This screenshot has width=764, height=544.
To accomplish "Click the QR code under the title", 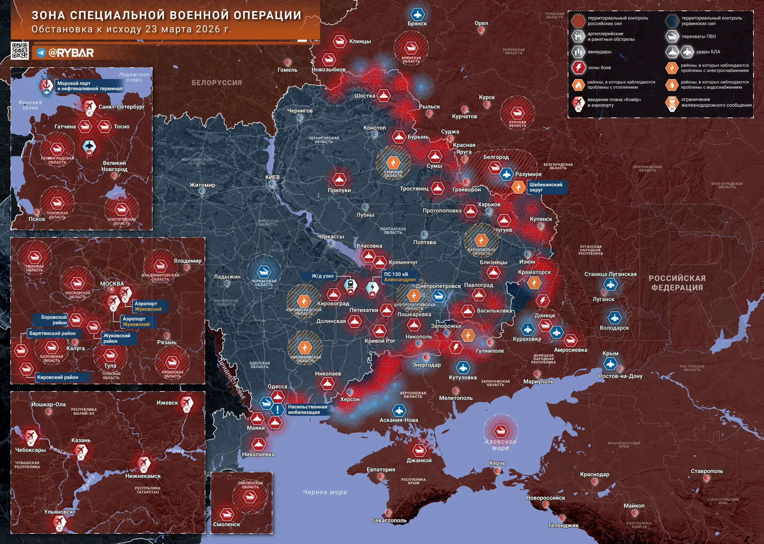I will tap(20, 51).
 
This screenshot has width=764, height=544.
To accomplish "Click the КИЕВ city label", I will tap(272, 177).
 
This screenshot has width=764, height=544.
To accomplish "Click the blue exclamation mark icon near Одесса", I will tap(277, 409).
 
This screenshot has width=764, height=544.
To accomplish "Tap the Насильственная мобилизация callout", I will tap(307, 409).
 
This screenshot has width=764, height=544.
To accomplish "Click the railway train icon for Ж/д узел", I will tap(350, 285).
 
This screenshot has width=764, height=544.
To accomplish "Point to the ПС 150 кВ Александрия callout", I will tap(399, 277).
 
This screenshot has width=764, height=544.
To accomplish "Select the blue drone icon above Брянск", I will tap(417, 14).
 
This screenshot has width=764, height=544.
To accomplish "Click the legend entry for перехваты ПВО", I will tap(698, 36).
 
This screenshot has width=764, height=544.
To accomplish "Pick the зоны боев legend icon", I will tap(578, 67).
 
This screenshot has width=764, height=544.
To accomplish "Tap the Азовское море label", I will tap(500, 445).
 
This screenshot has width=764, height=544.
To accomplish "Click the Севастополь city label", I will tap(389, 520).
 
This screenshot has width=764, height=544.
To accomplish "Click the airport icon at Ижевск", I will tap(186, 402).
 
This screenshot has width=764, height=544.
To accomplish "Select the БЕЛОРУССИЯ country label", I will tap(217, 83).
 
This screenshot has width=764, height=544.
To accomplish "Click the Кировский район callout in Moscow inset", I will tap(58, 377).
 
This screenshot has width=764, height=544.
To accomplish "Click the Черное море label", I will tap(325, 492).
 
